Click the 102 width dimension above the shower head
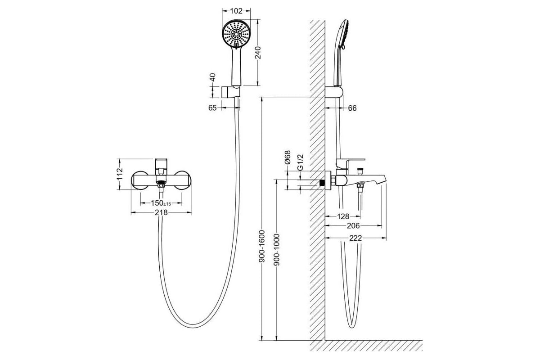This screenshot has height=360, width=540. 236,11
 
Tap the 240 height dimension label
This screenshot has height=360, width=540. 258,53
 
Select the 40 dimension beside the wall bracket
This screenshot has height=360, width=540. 212,77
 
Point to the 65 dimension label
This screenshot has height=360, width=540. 212,108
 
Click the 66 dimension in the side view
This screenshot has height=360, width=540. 352,108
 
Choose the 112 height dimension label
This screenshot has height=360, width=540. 120,174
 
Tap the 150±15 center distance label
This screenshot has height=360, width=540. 161,203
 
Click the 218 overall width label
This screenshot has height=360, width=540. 161,213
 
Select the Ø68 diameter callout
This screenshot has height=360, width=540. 288,157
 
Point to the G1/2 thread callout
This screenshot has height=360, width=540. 300,162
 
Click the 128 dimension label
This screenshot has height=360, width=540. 343,216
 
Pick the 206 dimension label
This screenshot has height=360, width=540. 353,226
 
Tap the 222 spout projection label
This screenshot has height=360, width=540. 355,238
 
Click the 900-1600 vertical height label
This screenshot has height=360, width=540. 262,246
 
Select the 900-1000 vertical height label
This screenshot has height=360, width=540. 276,250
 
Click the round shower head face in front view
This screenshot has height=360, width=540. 236,34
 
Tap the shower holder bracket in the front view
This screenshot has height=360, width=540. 231,92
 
